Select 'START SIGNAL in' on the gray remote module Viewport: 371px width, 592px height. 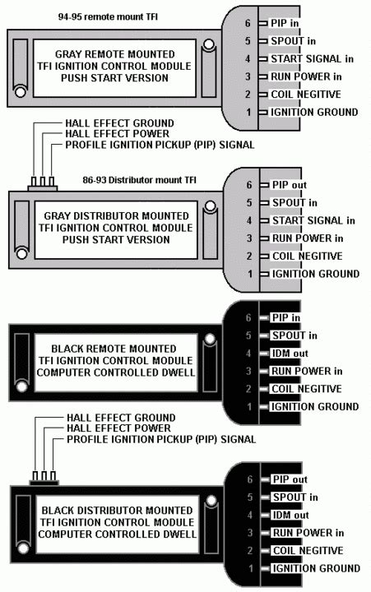[313, 58]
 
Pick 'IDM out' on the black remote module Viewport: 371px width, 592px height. [290, 353]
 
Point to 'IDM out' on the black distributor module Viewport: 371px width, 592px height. [290, 515]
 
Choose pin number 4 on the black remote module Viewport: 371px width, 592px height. [248, 353]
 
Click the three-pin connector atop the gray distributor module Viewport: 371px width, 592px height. [40, 183]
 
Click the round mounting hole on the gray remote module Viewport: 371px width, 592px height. [211, 44]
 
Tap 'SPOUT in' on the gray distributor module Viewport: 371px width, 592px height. [294, 202]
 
